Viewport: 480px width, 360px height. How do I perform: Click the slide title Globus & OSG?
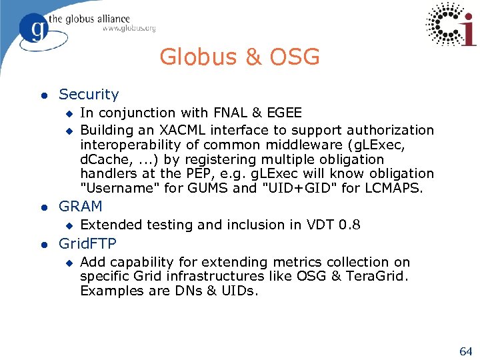click(239, 57)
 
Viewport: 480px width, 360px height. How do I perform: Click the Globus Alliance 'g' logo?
click(34, 29)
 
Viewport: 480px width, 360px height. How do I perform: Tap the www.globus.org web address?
click(129, 29)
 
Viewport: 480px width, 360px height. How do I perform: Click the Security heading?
click(89, 95)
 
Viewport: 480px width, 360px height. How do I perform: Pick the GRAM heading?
click(81, 207)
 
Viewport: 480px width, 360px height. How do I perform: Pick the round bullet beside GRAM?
click(44, 207)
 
